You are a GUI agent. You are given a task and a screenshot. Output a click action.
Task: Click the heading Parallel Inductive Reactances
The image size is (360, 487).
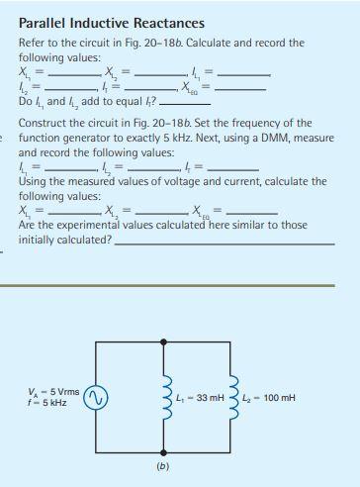(x=112, y=22)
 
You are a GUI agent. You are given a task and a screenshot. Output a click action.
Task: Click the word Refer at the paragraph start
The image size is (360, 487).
(x=34, y=43)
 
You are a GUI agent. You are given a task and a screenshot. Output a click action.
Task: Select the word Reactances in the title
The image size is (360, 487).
(x=169, y=22)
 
